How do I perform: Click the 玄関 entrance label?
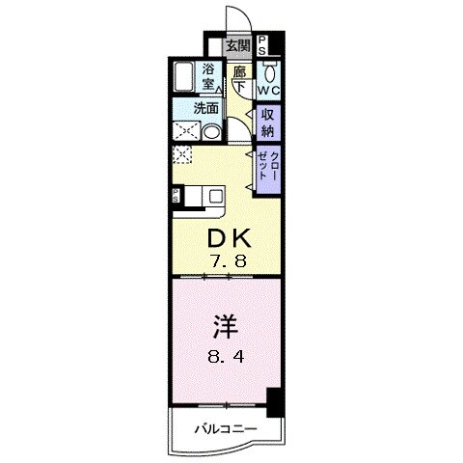pyautogui.click(x=238, y=46)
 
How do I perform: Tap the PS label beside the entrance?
pyautogui.click(x=262, y=45)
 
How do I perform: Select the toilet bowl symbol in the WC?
pyautogui.click(x=269, y=72)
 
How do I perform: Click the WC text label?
pyautogui.click(x=269, y=91)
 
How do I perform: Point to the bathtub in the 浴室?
pyautogui.click(x=184, y=77)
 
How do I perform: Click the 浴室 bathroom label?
pyautogui.click(x=208, y=76)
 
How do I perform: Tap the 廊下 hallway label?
pyautogui.click(x=239, y=79)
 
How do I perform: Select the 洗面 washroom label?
pyautogui.click(x=205, y=108)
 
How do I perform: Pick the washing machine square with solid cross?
pyautogui.click(x=186, y=131)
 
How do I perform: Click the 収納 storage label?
pyautogui.click(x=267, y=123)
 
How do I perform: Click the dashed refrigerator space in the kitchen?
pyautogui.click(x=182, y=154)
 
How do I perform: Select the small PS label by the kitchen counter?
pyautogui.click(x=176, y=196)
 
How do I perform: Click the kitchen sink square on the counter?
pyautogui.click(x=215, y=196)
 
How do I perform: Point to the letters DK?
pyautogui.click(x=229, y=238)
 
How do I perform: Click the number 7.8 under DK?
pyautogui.click(x=227, y=260)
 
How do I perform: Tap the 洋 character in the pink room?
pyautogui.click(x=226, y=327)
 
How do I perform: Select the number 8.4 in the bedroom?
pyautogui.click(x=226, y=357)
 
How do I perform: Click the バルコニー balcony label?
pyautogui.click(x=227, y=428)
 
